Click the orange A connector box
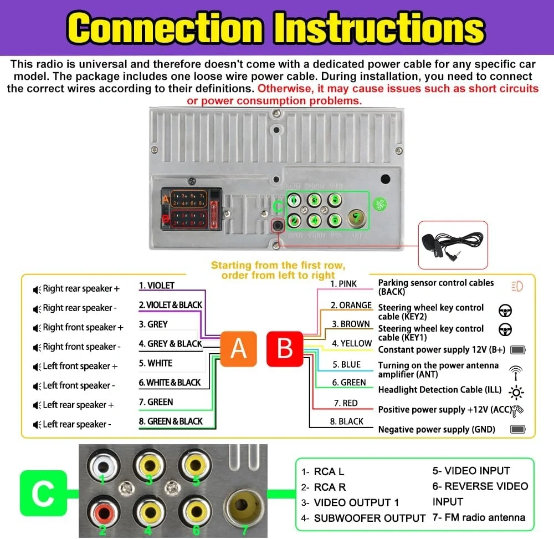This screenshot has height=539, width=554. (238, 349)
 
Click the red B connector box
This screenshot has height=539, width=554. (285, 349)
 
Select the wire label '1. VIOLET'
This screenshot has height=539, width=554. (156, 286)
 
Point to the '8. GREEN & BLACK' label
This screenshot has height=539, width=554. (171, 421)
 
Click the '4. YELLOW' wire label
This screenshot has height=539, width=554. (352, 344)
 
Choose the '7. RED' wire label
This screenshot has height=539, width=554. (346, 403)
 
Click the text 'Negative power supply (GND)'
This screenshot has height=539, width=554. (437, 429)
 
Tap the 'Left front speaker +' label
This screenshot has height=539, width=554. (80, 366)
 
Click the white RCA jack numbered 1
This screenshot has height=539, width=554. (102, 462)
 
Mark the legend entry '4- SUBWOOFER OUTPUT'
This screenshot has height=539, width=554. (363, 518)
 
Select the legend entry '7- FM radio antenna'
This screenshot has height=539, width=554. (479, 517)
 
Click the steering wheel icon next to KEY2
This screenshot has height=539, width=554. (505, 311)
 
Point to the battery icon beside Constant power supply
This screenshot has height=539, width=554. (517, 350)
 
